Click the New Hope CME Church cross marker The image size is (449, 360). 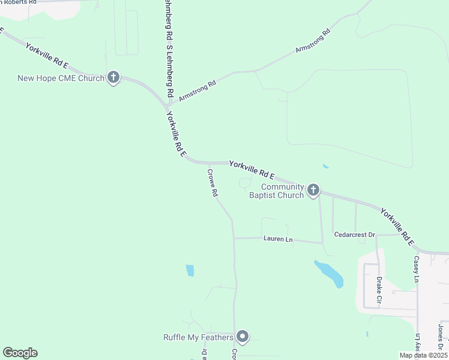click(113, 77)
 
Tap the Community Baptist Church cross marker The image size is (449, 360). click(313, 190)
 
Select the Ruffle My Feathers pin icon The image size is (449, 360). click(243, 337)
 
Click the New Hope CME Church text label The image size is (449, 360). click(61, 78)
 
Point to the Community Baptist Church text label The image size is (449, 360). click(277, 191)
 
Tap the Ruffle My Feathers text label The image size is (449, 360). click(198, 337)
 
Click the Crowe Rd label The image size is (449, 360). click(212, 183)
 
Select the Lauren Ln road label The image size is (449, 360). click(278, 239)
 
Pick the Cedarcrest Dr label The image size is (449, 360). click(354, 235)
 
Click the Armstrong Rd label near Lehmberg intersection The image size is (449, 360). click(197, 91)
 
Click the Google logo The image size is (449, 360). click(20, 353)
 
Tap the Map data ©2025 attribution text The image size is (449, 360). click(423, 355)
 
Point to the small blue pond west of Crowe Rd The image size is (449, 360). click(190, 271)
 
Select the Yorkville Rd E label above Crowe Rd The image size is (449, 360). click(252, 169)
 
